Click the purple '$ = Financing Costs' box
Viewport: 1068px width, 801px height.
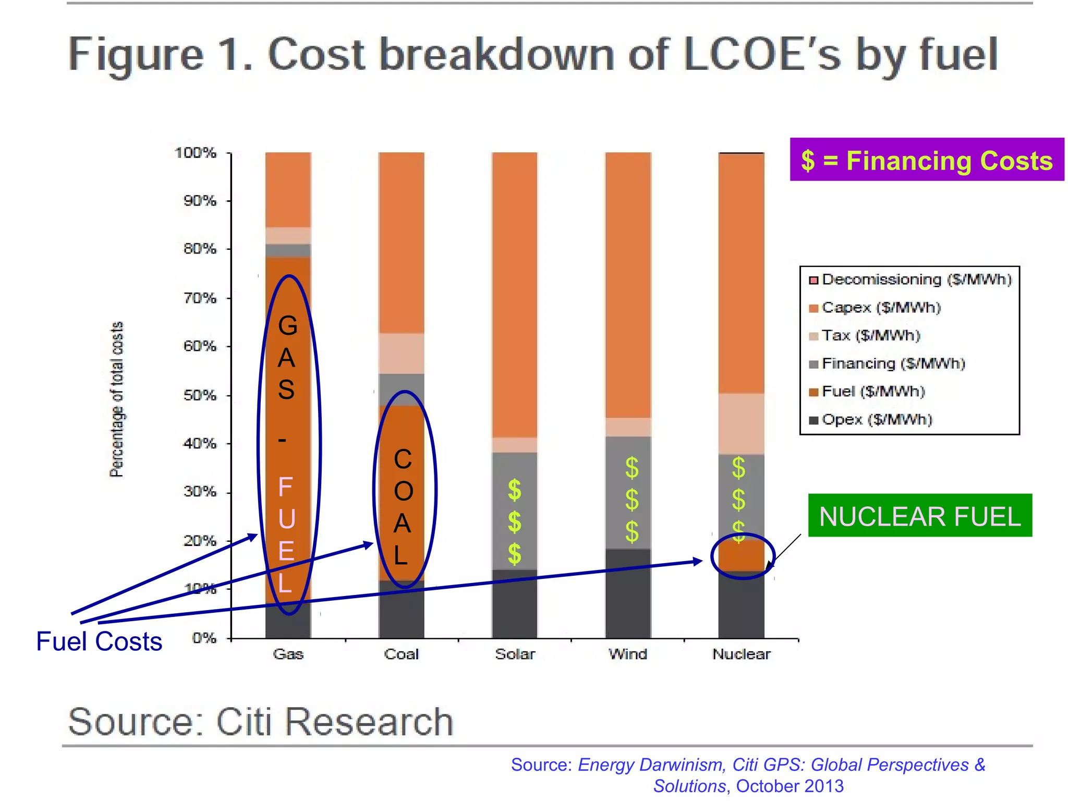tap(927, 160)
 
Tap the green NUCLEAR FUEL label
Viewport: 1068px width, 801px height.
tap(920, 516)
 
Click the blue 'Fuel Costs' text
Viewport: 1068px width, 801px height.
tap(99, 641)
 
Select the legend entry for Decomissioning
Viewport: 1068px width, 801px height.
tap(910, 280)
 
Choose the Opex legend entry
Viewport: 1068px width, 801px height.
tap(876, 419)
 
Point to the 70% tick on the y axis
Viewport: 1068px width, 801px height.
tap(200, 298)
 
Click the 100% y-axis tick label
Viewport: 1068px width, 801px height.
tap(196, 153)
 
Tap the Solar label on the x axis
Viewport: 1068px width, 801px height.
tap(515, 654)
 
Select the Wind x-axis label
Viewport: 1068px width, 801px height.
tap(628, 654)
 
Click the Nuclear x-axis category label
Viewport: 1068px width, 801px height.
tap(741, 654)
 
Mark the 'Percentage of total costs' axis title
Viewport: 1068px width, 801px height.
tap(117, 399)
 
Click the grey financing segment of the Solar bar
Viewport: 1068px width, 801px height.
tap(501, 511)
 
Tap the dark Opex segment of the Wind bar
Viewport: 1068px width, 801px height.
tap(628, 594)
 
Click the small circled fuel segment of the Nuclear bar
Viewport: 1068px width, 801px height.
tap(741, 556)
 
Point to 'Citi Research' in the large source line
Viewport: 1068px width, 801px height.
tap(334, 722)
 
